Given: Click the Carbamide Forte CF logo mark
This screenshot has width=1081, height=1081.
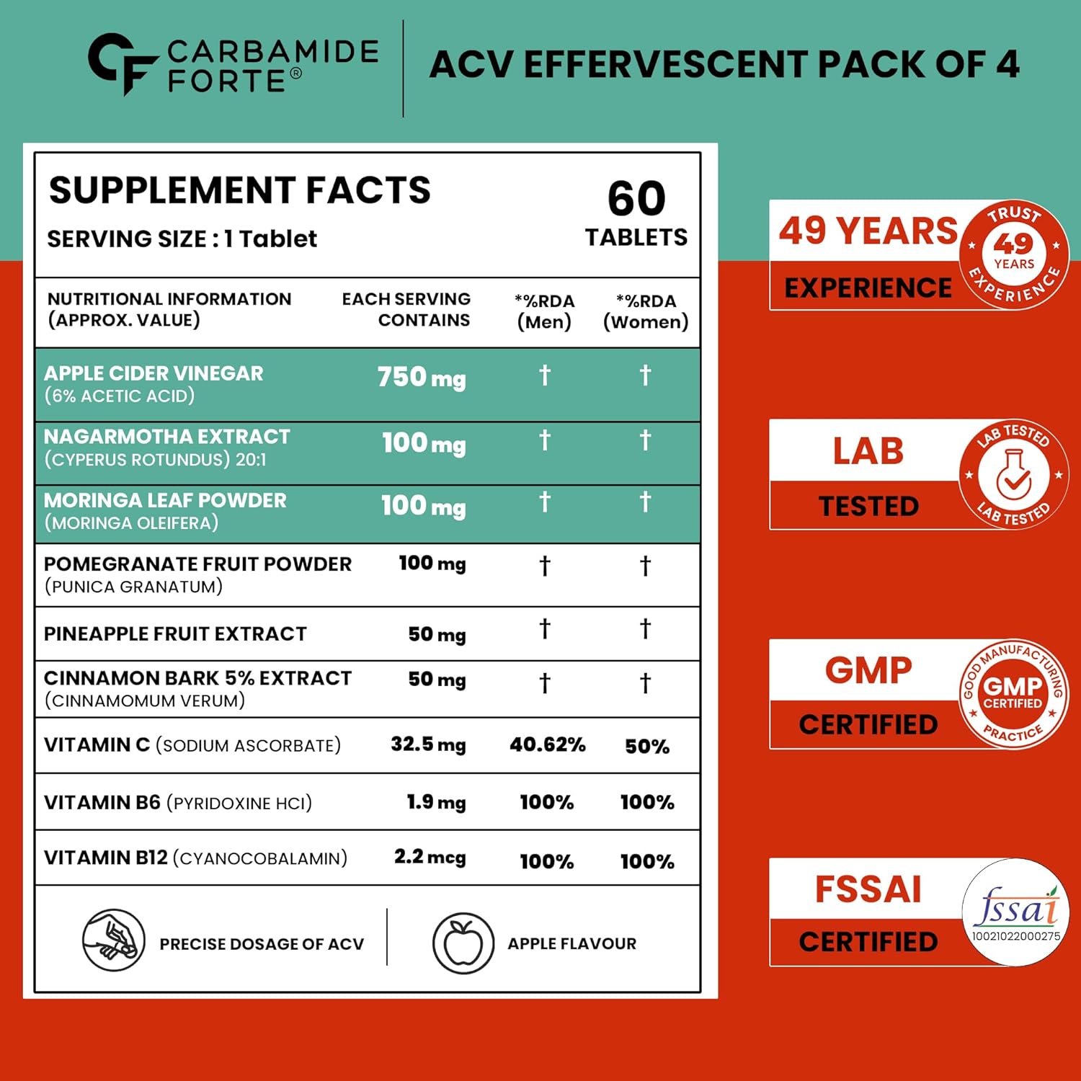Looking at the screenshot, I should click(121, 63).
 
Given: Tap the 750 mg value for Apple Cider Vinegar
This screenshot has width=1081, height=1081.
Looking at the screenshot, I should click(422, 378).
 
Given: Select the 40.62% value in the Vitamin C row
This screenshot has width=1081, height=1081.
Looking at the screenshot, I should click(547, 744).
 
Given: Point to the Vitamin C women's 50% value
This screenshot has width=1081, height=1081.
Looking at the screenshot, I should click(646, 746).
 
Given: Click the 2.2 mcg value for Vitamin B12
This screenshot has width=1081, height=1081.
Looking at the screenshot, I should click(430, 857).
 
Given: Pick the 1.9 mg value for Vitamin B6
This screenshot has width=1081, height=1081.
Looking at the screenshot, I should click(436, 802).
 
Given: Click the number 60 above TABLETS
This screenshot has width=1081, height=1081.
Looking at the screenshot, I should click(636, 198).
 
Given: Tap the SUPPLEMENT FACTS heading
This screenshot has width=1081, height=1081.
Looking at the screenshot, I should click(239, 190).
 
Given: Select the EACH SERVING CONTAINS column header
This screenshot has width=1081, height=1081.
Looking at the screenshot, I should click(406, 309).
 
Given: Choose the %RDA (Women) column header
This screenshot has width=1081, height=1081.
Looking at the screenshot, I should click(646, 311).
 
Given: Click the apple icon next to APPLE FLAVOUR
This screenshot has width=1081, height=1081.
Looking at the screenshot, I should click(463, 943).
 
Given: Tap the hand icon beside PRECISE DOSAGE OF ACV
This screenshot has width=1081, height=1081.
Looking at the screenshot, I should click(114, 940).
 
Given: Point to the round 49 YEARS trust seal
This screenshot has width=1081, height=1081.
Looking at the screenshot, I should click(1014, 254).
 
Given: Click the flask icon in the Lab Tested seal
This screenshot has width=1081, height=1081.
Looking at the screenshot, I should click(1013, 474).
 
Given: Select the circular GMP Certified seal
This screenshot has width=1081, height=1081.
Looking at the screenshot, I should click(1013, 693).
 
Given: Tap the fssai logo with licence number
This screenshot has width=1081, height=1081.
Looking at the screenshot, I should click(1016, 912).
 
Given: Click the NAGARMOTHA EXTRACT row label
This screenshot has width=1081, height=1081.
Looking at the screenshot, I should click(166, 437).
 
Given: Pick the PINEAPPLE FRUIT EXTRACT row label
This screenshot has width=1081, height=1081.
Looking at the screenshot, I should click(175, 633).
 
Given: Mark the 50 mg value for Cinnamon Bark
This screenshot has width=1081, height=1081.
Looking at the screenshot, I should click(437, 680).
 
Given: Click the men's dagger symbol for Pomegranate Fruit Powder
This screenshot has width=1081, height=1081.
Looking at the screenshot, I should click(545, 566).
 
